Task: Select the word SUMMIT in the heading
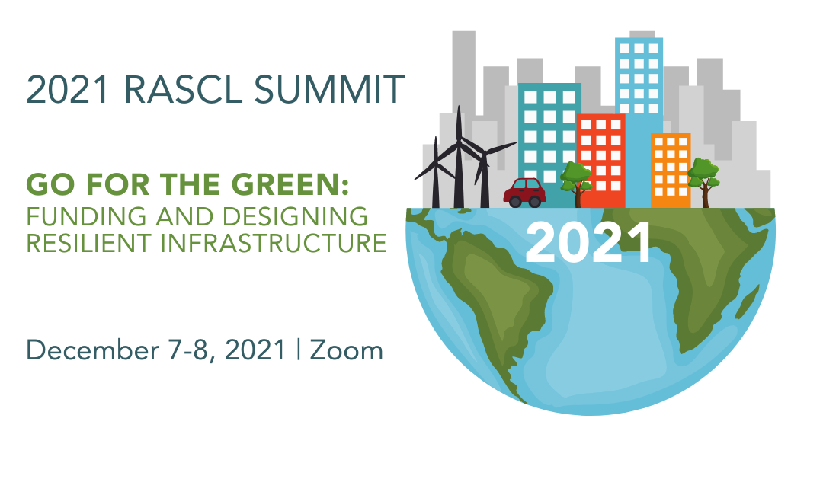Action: pos(330,89)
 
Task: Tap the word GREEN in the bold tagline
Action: pos(290,184)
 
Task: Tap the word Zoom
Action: pos(347,350)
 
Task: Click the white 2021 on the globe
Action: pos(588,242)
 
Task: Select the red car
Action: pos(524,193)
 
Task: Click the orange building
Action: pos(671,171)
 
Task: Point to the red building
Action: pos(601,161)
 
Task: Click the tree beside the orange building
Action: pos(703,182)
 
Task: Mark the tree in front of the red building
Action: pos(576,184)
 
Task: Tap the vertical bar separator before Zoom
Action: pos(298,350)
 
